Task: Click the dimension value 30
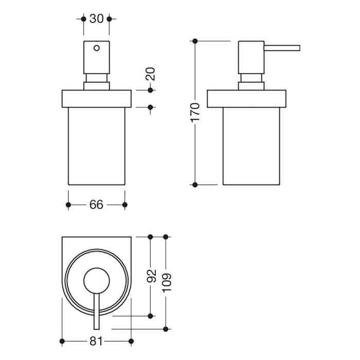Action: coord(96,19)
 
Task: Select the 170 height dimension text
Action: coord(195,112)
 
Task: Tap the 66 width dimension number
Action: coord(96,205)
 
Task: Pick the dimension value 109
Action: coord(166,282)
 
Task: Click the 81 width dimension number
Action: coord(96,341)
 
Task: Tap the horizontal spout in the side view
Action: coord(282,49)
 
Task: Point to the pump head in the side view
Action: coord(251,57)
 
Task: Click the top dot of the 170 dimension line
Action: coord(195,41)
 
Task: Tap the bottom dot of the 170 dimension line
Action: coord(195,184)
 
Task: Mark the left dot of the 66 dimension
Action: coord(68,205)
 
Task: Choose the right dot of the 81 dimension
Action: coord(131,341)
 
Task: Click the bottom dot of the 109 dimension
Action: coord(166,328)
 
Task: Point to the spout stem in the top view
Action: coord(96,311)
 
